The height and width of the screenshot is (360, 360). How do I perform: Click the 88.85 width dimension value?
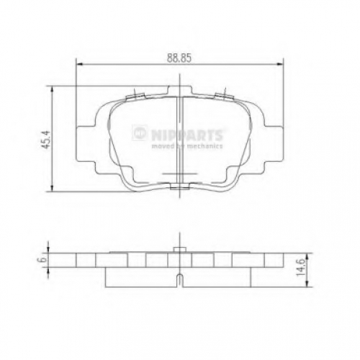pos(179,58)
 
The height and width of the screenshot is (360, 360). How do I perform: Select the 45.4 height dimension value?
pos(45,139)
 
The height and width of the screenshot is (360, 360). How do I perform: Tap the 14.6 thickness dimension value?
pos(300,267)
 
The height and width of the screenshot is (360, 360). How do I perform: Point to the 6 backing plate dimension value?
pos(43,260)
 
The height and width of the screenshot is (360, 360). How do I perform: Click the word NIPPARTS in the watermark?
pos(187,135)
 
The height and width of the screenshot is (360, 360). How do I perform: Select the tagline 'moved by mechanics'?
pos(187,146)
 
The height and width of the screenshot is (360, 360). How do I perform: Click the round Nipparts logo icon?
pos(140,132)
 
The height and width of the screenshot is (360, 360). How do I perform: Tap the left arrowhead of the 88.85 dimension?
pos(79,64)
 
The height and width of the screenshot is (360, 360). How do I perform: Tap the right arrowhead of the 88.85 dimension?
pos(280,64)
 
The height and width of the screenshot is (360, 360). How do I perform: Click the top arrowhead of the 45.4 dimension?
pos(52,90)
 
